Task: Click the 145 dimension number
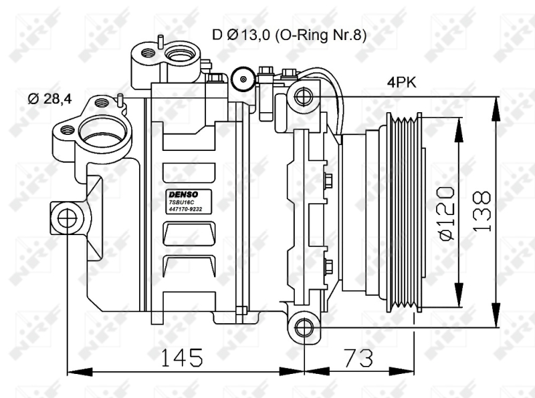(181, 357)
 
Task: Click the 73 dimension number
(358, 357)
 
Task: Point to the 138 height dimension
(481, 212)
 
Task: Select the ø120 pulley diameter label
(447, 213)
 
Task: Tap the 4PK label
(402, 82)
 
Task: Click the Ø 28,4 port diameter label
(49, 99)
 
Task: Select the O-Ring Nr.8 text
(320, 35)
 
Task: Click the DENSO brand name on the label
(183, 194)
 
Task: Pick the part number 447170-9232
(186, 209)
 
